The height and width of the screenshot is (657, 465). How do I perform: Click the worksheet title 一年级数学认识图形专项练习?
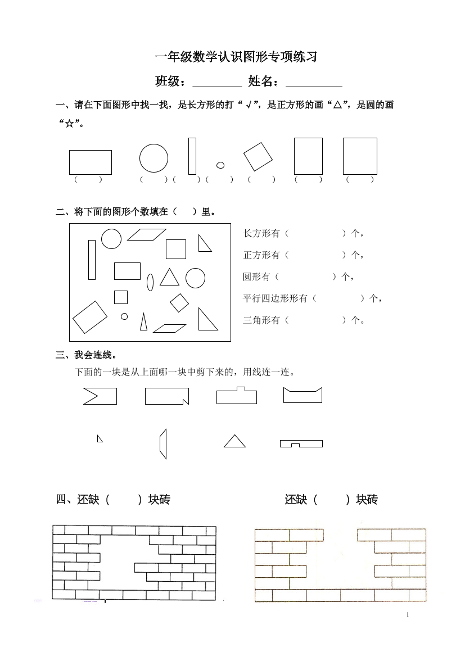coord(236,57)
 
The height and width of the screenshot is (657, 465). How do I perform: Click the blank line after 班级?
coord(216,83)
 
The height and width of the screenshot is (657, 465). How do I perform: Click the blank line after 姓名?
coord(314,83)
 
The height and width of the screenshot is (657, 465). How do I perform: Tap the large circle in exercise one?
coord(154,157)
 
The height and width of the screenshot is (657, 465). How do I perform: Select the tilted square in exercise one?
coord(258,156)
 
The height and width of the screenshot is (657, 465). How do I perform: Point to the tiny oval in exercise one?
coord(220,165)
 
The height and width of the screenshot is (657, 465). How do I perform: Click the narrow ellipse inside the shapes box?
coord(150,282)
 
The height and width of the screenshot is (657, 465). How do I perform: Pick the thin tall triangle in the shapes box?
coord(143,322)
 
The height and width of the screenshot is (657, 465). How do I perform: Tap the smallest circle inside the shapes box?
coord(124,316)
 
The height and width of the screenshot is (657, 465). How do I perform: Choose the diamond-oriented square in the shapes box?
coord(179,302)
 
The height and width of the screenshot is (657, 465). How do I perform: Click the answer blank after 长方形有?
coord(315,233)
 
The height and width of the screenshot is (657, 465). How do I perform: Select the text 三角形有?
coord(261,320)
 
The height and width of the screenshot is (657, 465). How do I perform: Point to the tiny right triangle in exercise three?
coord(100,439)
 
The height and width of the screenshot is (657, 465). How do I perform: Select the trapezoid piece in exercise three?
coord(163,444)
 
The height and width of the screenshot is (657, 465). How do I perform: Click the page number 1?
coord(408,615)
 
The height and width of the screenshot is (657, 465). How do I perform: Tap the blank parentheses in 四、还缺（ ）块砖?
coord(123,499)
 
